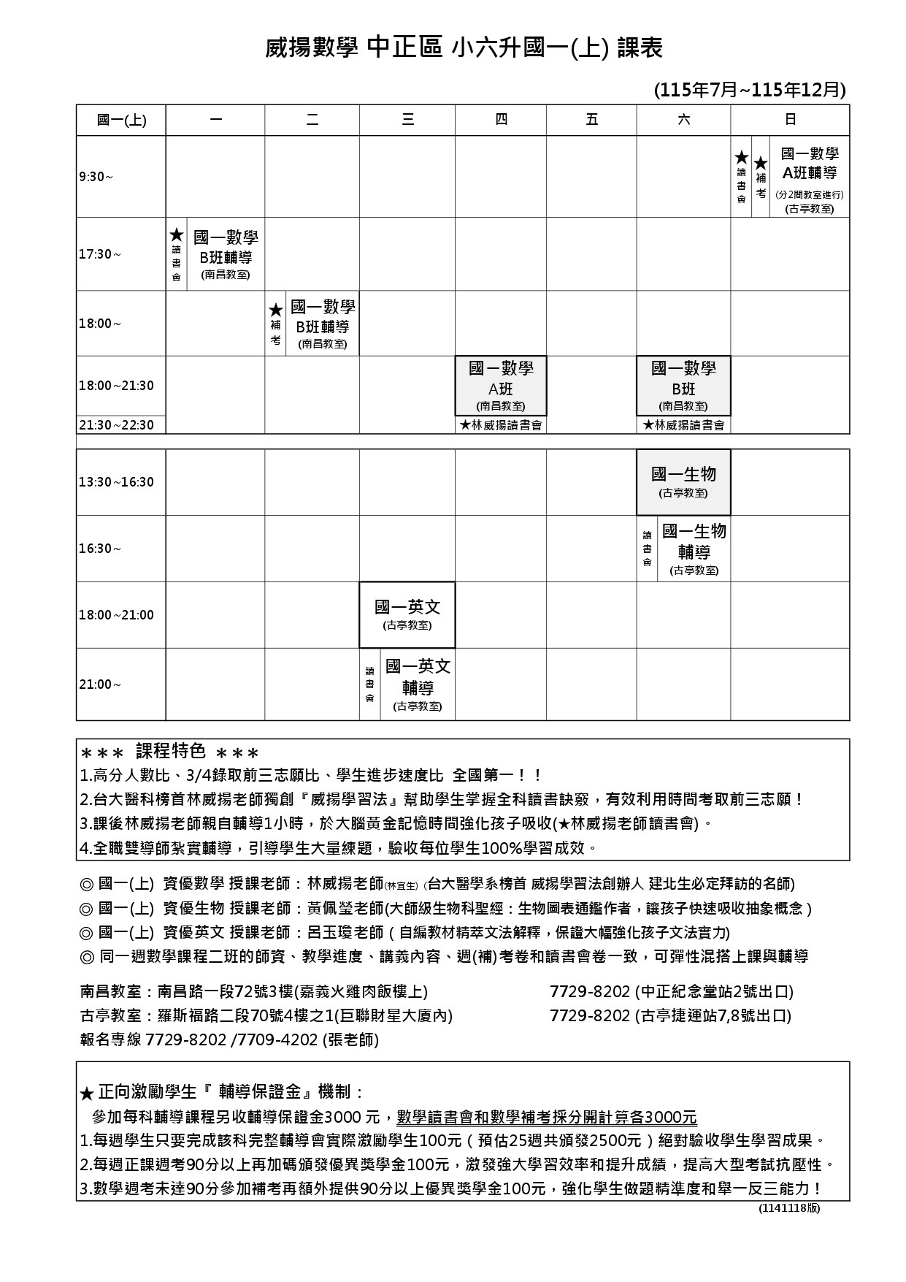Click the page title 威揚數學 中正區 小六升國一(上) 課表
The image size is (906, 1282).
coord(464,49)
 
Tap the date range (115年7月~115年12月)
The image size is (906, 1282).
coord(750,90)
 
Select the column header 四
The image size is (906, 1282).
coord(501,120)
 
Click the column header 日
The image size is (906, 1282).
coord(790,120)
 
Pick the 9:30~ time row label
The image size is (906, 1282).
coord(96,177)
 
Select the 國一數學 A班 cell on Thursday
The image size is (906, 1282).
coord(501,386)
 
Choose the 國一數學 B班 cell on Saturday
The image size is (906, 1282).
coord(683,386)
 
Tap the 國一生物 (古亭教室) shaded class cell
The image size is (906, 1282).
coord(683,481)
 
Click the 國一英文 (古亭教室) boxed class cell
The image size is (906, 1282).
coord(407,614)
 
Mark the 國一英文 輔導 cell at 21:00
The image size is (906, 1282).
coord(418,684)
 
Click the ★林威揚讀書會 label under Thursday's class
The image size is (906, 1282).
coord(501,425)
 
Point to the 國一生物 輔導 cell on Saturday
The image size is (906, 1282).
coord(694,549)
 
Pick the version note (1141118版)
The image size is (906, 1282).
coord(789,1207)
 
